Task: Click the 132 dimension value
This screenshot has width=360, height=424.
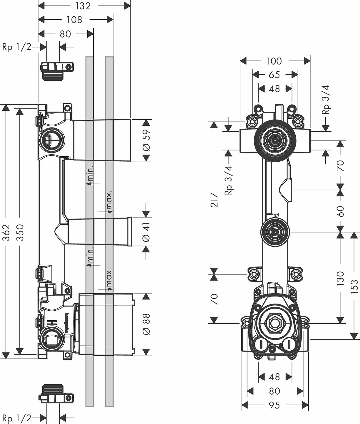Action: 83,6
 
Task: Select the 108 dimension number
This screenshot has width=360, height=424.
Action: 74,20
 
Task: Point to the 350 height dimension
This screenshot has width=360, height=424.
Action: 20,232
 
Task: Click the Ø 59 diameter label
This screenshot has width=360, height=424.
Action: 146,140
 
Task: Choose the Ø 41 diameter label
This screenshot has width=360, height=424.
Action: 146,232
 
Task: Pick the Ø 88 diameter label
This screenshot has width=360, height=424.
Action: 146,324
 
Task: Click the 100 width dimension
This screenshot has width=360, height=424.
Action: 274,61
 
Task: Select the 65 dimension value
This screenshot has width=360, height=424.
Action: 274,75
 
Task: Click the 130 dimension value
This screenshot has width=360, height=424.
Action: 340,279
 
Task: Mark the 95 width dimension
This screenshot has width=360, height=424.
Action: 274,405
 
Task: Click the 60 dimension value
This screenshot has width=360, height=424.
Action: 340,211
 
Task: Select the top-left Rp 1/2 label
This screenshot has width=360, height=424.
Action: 16,47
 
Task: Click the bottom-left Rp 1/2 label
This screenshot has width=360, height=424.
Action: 16,418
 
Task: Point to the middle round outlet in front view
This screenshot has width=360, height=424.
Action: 274,232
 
